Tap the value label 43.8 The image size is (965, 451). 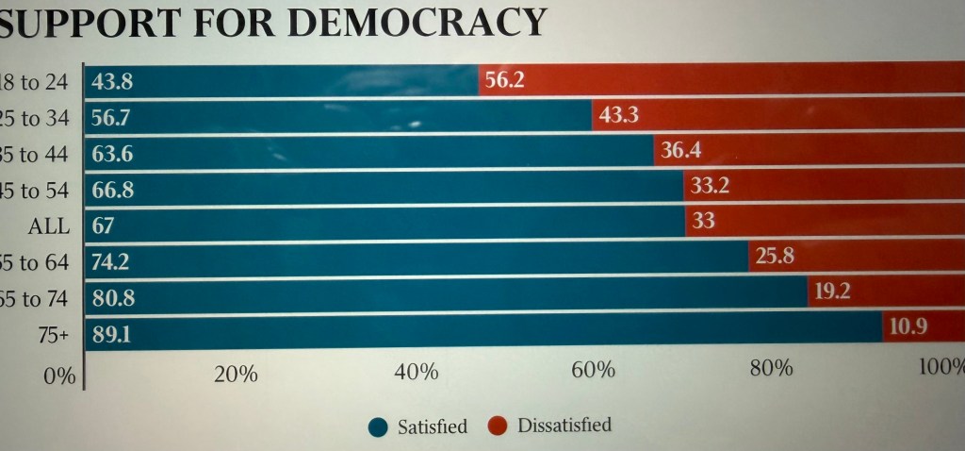click(112, 82)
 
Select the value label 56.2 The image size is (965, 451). click(504, 80)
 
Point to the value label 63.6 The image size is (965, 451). click(112, 154)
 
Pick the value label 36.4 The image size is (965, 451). click(680, 150)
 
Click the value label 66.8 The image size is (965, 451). click(112, 190)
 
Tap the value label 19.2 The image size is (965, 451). click(833, 292)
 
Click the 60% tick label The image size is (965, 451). click(593, 370)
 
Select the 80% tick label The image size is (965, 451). click(770, 368)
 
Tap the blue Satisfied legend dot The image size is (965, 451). click(378, 427)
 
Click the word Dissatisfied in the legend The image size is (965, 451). click(564, 425)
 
